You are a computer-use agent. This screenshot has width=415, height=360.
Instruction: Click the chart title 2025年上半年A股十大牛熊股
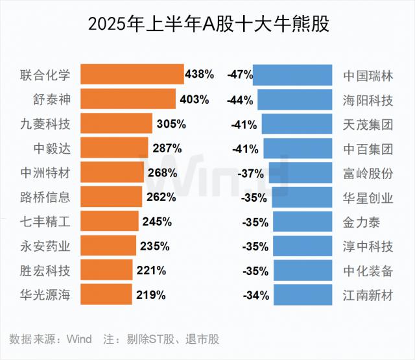[207, 24]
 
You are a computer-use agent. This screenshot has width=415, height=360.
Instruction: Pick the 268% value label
[162, 173]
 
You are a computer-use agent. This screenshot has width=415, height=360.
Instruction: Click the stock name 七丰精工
[46, 222]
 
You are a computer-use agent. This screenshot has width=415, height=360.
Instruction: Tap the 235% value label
[154, 246]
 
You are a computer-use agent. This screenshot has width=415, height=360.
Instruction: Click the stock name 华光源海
[46, 295]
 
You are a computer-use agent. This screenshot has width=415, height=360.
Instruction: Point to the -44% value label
[240, 100]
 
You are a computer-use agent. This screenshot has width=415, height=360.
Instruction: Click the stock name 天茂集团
[368, 125]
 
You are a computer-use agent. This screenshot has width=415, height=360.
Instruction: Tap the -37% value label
[250, 173]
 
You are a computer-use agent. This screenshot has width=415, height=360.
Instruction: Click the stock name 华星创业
[368, 197]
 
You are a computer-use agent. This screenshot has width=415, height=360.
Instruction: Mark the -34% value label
[255, 295]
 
